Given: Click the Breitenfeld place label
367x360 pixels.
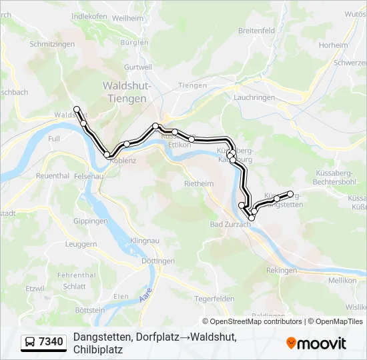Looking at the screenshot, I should coord(256,31).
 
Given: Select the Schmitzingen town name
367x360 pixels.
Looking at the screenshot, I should coord(52,44).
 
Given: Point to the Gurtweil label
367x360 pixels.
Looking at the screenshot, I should coord(138,67).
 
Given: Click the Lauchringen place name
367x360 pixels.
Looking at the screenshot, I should coord(255,97).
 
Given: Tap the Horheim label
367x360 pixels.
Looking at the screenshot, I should coord(334,45).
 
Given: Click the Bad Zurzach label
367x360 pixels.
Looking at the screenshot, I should coord(230,225).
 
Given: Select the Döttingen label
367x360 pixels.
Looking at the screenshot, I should coord(157,261).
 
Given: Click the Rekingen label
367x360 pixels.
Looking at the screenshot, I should coord(281,271).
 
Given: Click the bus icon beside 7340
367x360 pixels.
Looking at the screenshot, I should coord(31,343).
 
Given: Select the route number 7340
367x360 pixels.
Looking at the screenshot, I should coord(51,343).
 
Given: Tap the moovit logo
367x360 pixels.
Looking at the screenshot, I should coord(316,343).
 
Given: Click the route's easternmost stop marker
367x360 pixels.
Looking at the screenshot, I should coord(290,194).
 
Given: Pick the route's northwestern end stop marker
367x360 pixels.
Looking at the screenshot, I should coord(77,109).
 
